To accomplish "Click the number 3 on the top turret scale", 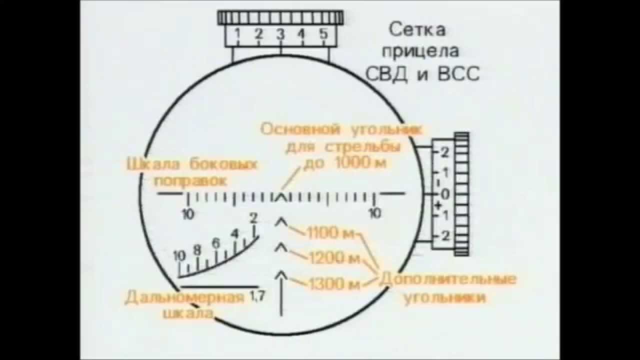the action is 280,34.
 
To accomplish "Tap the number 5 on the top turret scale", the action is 323,34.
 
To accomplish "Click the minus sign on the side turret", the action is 438,182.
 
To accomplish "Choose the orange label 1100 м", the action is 330,233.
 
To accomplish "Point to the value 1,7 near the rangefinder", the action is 257,296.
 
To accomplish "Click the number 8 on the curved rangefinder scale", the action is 197,249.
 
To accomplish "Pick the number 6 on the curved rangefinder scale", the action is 216,243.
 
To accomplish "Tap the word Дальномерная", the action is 184,298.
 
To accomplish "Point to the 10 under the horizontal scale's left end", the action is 188,214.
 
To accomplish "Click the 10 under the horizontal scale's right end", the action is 375,213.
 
